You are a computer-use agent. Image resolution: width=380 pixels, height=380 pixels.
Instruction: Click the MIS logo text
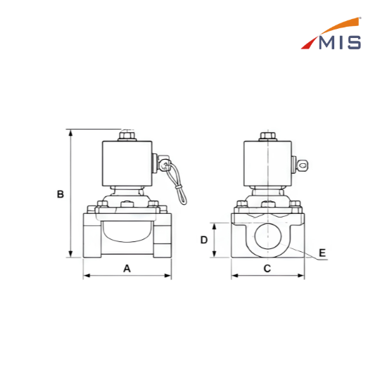pos(340,42)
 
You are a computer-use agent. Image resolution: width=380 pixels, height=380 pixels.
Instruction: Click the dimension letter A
pos(127,269)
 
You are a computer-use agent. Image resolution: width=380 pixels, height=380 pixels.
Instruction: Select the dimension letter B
pos(61,194)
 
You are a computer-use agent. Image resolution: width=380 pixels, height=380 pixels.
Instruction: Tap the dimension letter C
pos(267,269)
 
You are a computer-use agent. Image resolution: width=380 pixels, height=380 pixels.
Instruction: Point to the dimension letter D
pos(204,240)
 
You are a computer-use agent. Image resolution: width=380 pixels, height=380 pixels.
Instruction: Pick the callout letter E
pos(322,253)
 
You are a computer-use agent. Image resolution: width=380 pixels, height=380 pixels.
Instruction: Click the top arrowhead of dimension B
pos(70,132)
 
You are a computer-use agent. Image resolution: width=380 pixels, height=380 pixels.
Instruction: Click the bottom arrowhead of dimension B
pos(70,254)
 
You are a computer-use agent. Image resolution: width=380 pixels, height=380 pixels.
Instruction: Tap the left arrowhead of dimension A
pos(87,276)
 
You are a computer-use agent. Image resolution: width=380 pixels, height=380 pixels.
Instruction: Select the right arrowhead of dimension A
pos(168,276)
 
